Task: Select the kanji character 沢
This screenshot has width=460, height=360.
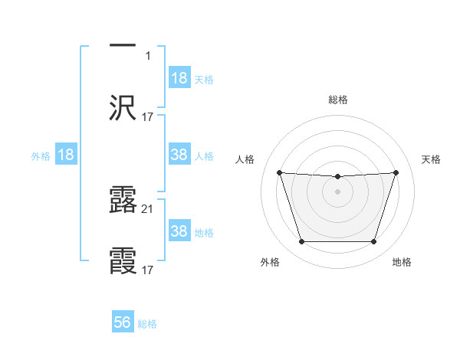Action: pyautogui.click(x=123, y=108)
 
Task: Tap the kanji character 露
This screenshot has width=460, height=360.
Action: pyautogui.click(x=123, y=199)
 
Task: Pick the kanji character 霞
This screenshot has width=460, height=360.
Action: pyautogui.click(x=123, y=261)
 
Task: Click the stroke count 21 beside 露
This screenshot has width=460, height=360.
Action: pyautogui.click(x=149, y=208)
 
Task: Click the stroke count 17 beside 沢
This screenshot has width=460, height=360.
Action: pyautogui.click(x=148, y=117)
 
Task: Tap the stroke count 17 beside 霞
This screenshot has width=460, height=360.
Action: pyautogui.click(x=148, y=270)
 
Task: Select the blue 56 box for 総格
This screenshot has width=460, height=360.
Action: pyautogui.click(x=123, y=323)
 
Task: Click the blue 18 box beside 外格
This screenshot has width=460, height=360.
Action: pyautogui.click(x=66, y=155)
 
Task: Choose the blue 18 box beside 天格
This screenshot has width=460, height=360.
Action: pyautogui.click(x=179, y=78)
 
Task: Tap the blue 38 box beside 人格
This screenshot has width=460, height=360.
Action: pyautogui.click(x=179, y=155)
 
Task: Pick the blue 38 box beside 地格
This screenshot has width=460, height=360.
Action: pyautogui.click(x=179, y=231)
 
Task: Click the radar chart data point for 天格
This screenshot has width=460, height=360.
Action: pyautogui.click(x=396, y=172)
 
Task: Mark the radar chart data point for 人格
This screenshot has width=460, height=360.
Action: pyautogui.click(x=279, y=172)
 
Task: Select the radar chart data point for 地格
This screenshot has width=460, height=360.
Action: pyautogui.click(x=373, y=242)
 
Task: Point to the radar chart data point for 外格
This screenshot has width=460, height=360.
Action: pyautogui.click(x=301, y=242)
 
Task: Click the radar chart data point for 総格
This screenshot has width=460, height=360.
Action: pyautogui.click(x=337, y=177)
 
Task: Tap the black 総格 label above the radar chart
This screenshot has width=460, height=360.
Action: pyautogui.click(x=337, y=100)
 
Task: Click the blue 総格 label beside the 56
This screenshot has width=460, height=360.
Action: pyautogui.click(x=147, y=324)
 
